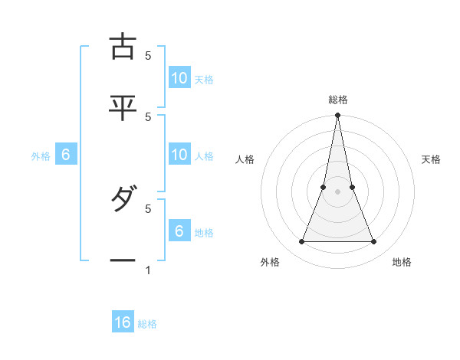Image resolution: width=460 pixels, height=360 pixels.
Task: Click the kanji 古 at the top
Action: coord(123,47)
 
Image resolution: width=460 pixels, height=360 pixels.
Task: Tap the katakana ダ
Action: coord(123,201)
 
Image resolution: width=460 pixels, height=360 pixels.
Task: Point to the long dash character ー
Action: coord(123,261)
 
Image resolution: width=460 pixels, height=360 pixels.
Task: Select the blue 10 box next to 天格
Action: coord(179,78)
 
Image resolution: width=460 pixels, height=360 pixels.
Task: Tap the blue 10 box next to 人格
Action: coord(179,155)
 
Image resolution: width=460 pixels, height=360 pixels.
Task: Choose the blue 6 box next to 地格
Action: coord(179,231)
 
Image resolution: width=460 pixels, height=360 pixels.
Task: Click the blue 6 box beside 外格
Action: coord(66,155)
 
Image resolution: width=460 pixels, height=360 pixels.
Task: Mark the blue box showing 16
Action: coord(123,322)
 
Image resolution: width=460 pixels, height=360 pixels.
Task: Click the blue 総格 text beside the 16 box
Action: coord(148,324)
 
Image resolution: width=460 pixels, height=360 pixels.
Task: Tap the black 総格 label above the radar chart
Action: coord(337,100)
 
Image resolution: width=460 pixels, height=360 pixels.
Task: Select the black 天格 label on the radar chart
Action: coord(432,159)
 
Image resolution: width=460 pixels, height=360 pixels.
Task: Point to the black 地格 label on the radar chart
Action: coord(402,262)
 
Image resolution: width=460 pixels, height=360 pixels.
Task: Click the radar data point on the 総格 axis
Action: coord(337,116)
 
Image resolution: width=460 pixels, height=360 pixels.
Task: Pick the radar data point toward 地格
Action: coord(374,242)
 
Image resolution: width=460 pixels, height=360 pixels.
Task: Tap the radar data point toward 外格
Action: coord(301,242)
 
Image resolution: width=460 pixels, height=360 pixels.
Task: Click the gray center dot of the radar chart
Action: coord(337,191)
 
